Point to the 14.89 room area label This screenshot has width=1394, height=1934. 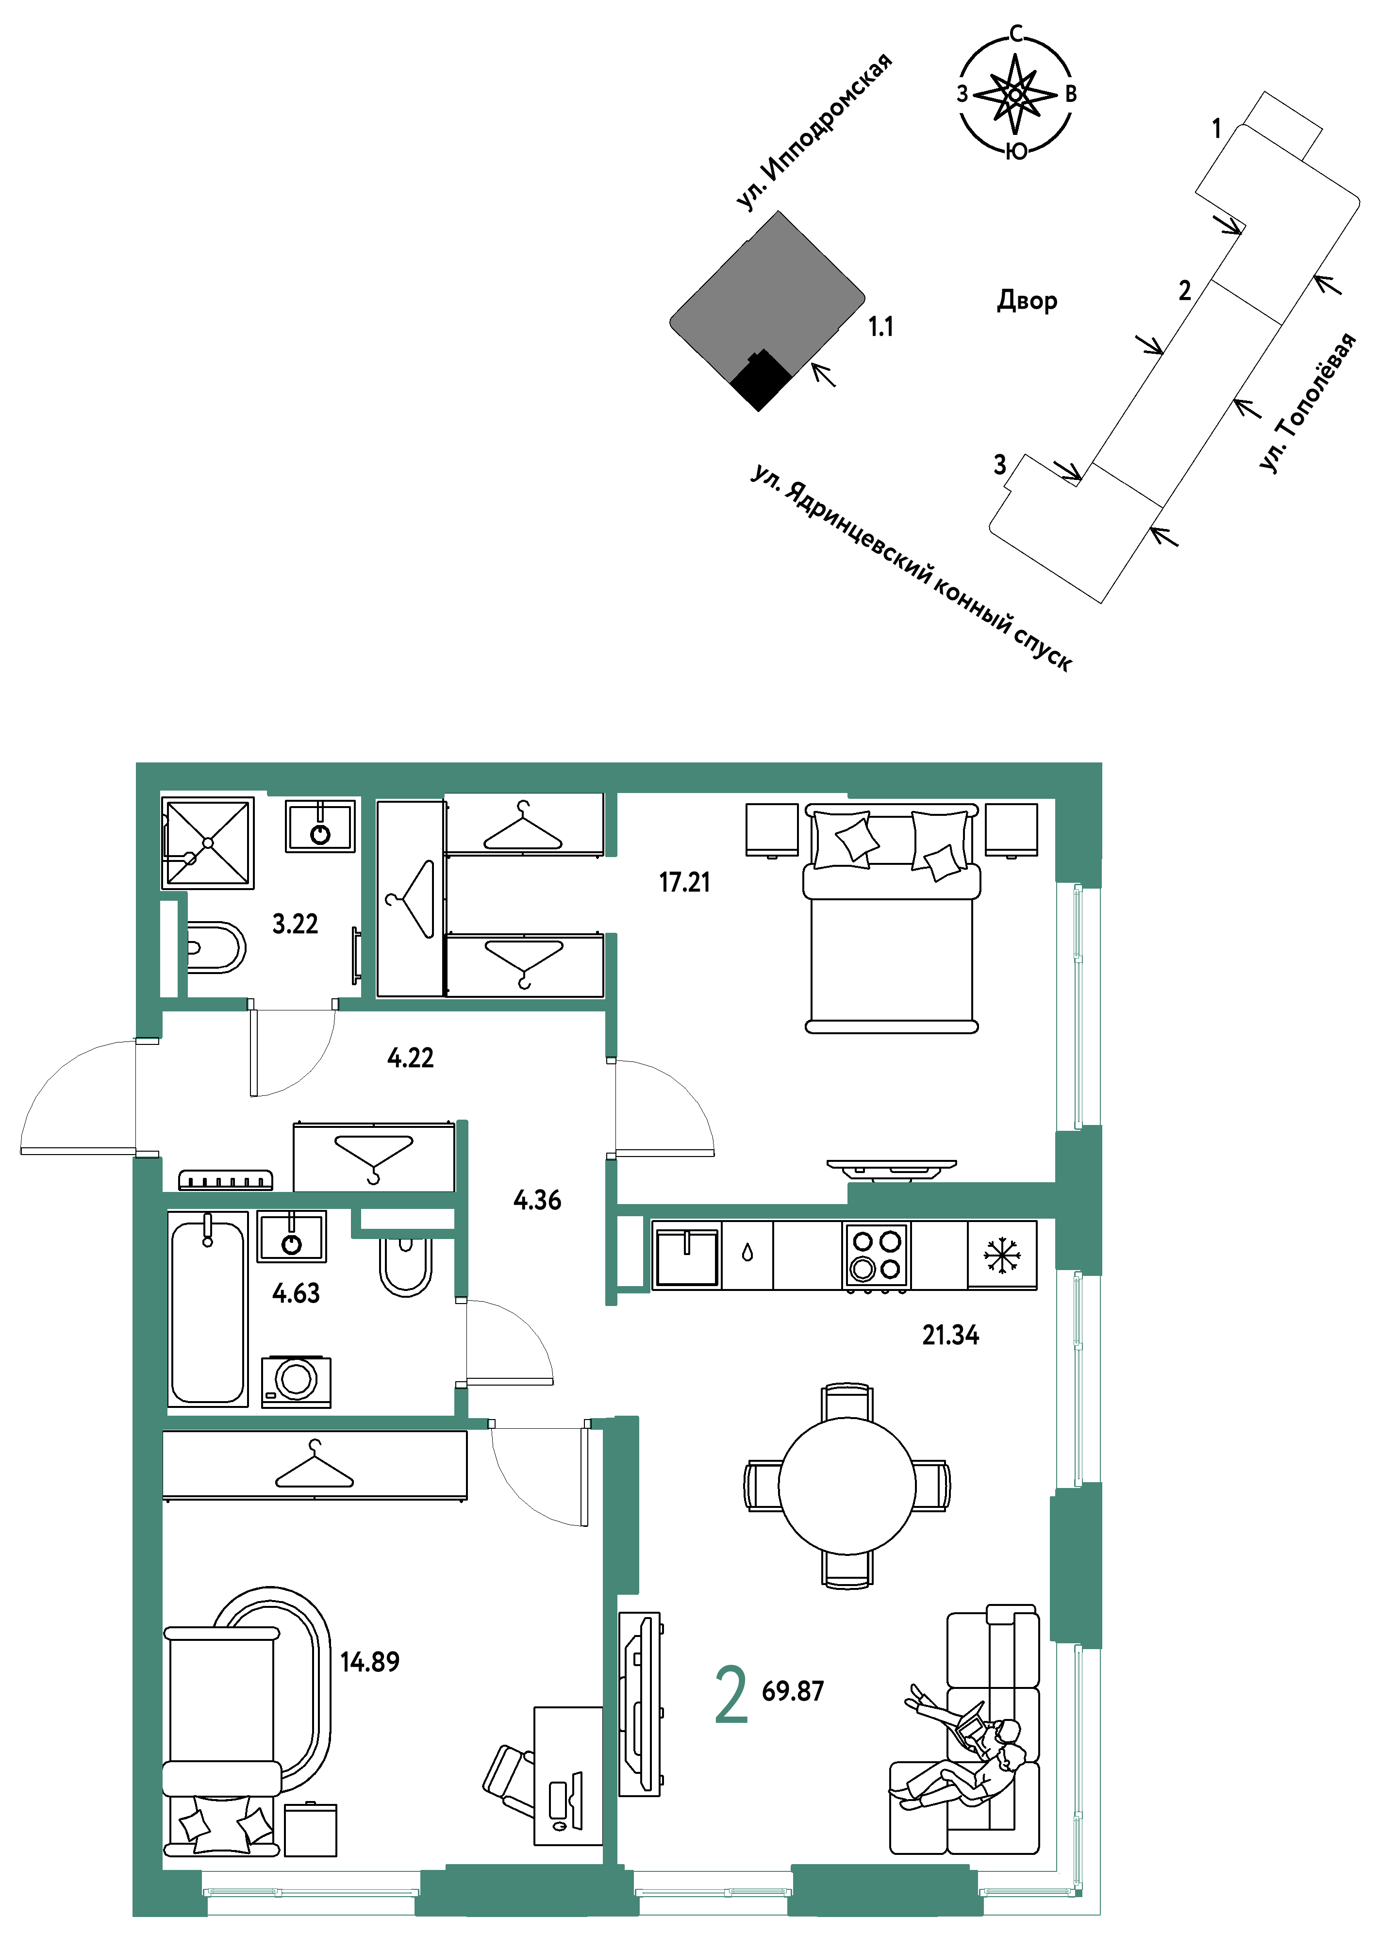[x=369, y=1661]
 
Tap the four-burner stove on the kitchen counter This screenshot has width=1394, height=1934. [x=877, y=1255]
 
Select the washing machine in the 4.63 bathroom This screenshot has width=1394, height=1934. [x=296, y=1381]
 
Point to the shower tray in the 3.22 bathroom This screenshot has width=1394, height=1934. [x=208, y=843]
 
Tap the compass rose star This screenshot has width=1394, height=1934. [x=1014, y=94]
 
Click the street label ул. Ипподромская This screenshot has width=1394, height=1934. [x=814, y=132]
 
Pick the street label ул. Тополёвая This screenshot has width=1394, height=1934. [x=1307, y=402]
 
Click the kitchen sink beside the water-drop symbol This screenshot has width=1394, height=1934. [x=686, y=1255]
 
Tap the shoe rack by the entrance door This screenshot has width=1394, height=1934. [x=225, y=1180]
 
